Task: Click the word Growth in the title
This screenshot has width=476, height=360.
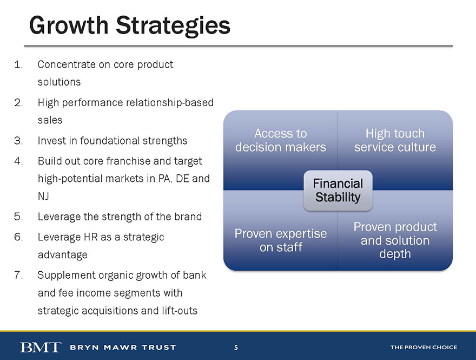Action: [x=69, y=25]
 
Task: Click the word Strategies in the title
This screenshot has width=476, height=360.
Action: [x=173, y=26]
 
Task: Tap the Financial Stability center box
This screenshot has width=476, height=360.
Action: [x=338, y=191]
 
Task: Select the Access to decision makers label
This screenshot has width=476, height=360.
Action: [x=281, y=140]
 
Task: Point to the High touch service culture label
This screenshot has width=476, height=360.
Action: [x=395, y=140]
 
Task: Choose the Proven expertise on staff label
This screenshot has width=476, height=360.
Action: [x=281, y=240]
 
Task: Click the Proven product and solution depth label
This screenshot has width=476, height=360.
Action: [x=395, y=240]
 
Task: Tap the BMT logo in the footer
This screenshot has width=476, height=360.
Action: [x=41, y=347]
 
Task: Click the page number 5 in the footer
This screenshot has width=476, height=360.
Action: [x=236, y=347]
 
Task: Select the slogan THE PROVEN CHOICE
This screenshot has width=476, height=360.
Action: [x=424, y=347]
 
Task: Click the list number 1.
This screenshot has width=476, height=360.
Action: [x=18, y=64]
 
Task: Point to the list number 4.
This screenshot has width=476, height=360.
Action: [x=18, y=161]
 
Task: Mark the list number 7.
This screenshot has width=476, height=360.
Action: [x=18, y=275]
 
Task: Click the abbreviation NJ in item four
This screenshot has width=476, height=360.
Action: [x=43, y=197]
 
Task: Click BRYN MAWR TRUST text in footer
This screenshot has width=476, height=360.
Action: [x=123, y=347]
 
